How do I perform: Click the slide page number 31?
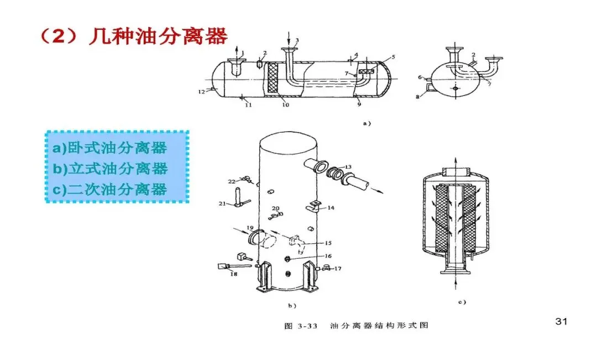coord(561,322)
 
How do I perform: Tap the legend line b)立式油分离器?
coord(110,169)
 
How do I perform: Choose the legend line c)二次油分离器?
coord(110,189)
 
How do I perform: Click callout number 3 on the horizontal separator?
coord(297,40)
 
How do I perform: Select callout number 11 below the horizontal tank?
coord(248,105)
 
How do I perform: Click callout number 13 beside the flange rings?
coord(347,166)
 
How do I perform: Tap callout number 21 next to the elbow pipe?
coord(222,204)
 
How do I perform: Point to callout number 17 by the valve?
coord(338,269)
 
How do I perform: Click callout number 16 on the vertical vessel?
coord(328,256)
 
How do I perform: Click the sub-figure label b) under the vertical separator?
coord(292,305)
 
